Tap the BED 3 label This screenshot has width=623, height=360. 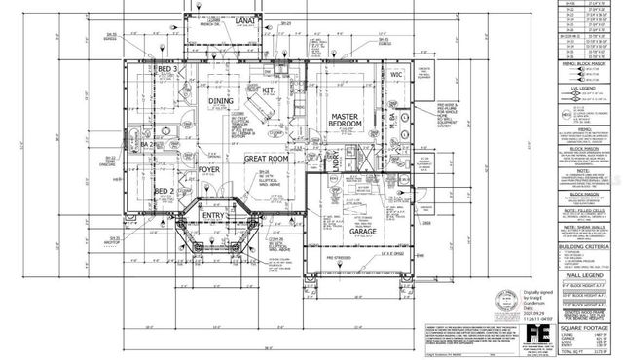(166, 71)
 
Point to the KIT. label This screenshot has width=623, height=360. (270, 91)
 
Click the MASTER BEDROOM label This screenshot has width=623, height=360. (348, 122)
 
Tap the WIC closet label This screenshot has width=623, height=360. (396, 73)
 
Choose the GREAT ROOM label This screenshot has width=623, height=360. (266, 158)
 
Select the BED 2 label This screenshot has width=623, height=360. (165, 192)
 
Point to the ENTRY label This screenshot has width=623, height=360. (213, 216)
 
